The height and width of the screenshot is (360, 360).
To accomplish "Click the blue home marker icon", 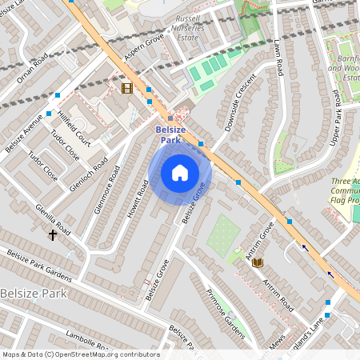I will click(180, 173).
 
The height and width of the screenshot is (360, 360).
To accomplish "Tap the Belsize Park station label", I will click(170, 134).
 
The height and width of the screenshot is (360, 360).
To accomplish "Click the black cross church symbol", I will click(54, 235).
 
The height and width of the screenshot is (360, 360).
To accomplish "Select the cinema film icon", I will click(126, 88).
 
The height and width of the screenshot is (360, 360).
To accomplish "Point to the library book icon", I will click(258, 262).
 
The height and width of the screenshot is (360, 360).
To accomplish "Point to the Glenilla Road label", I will click(53, 218).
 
